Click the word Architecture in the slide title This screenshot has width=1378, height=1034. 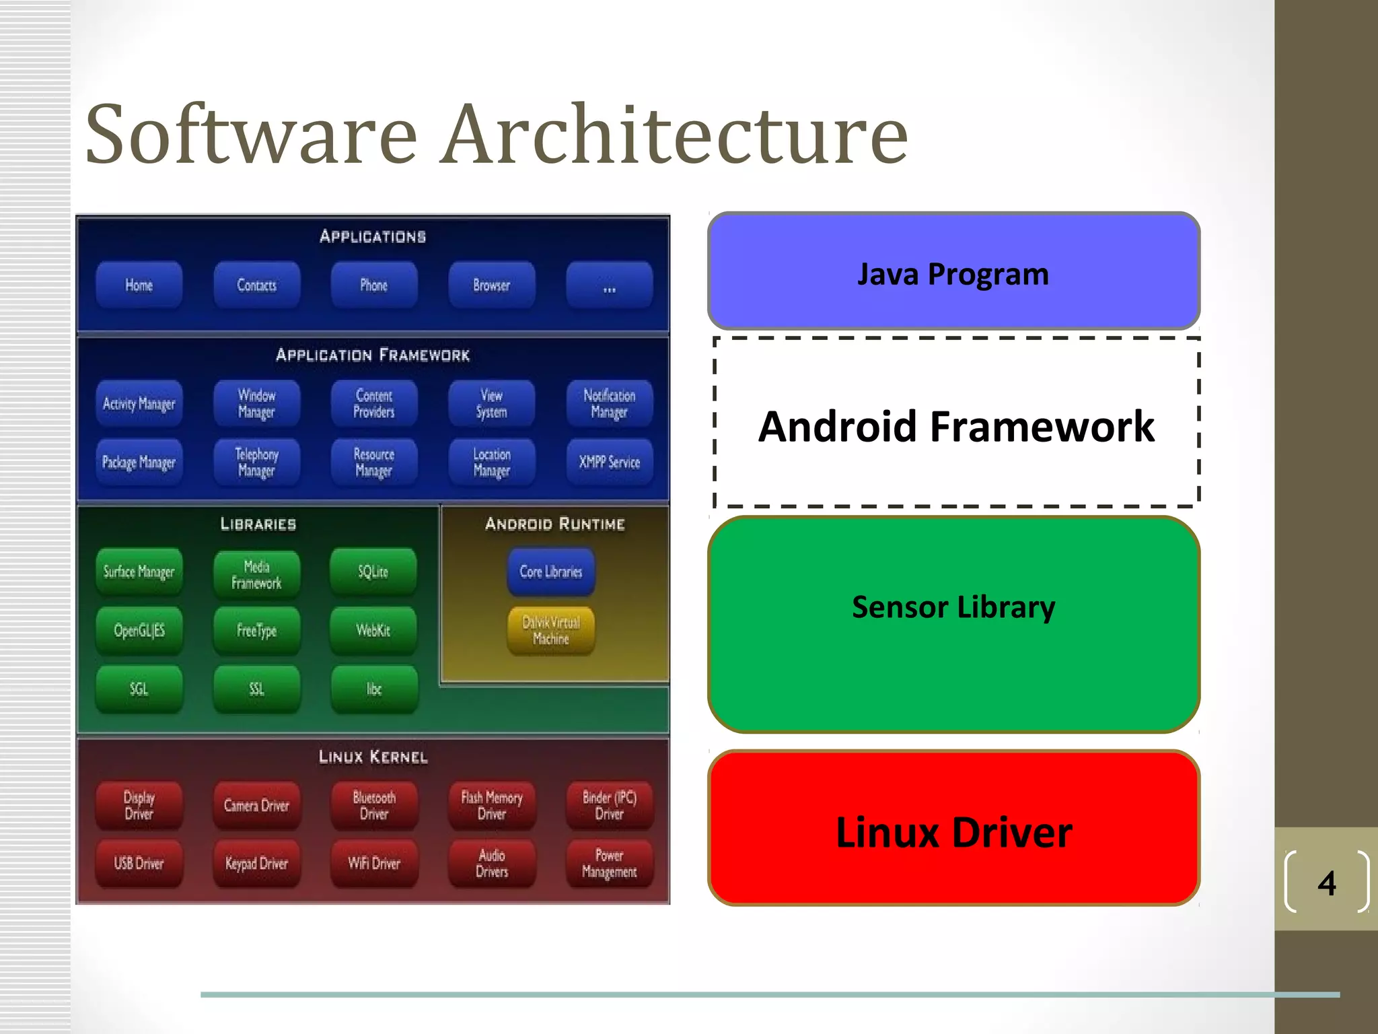click(674, 134)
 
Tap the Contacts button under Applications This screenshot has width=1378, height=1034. click(256, 285)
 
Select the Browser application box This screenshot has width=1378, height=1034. click(491, 285)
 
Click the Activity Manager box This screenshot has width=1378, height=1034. click(139, 403)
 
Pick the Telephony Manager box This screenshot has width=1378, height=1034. click(256, 462)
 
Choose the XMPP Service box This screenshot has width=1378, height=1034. click(609, 462)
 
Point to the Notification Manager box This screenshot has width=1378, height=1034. click(609, 403)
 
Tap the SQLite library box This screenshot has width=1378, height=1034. click(373, 572)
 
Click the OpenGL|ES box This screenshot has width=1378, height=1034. click(139, 631)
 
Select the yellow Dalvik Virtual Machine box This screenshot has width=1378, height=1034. click(551, 631)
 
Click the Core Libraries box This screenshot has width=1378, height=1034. click(551, 572)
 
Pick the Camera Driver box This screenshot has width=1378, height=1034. click(256, 805)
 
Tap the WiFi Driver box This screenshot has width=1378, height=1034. click(373, 864)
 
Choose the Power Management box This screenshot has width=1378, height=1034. click(609, 864)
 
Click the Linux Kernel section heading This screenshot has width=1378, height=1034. click(373, 757)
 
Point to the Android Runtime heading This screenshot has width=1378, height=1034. click(555, 524)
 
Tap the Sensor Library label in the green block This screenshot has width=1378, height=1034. click(953, 607)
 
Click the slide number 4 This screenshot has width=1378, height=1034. click(1326, 883)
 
